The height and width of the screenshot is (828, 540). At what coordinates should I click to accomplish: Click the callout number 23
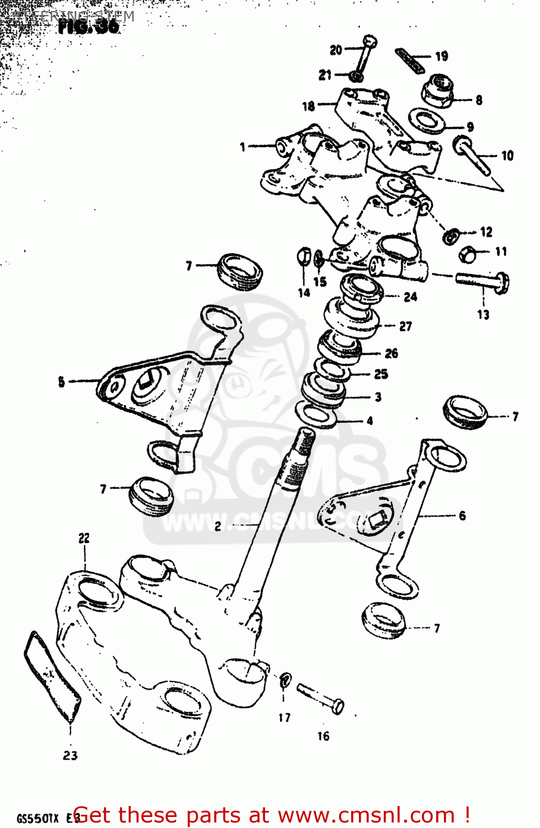pos(70,756)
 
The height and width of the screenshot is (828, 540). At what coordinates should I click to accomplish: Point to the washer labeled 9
pos(428,121)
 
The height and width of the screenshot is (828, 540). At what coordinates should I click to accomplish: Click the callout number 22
pos(84,538)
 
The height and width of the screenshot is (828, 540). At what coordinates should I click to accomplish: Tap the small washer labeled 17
pos(285,680)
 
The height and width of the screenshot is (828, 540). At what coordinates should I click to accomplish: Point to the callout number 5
pos(61,381)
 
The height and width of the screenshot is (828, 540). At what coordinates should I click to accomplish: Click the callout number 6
pos(462,516)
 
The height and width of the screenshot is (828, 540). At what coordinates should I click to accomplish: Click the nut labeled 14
pos(304,257)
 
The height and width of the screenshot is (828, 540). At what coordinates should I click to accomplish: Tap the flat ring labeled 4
pos(317,415)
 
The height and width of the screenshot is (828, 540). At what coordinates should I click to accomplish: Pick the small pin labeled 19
pos(409,60)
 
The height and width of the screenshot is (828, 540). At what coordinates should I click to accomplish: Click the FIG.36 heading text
pos(88,26)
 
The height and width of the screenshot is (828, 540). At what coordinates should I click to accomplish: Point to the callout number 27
pos(405,326)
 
